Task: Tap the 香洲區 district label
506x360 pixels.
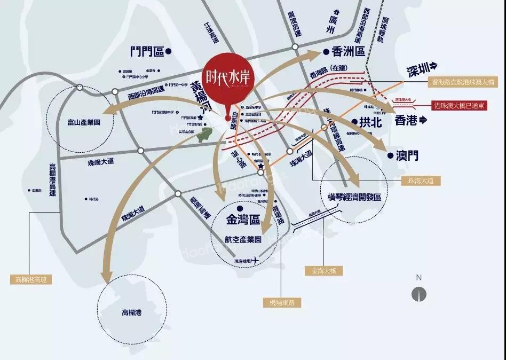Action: coord(347,52)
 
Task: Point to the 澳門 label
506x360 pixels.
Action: coord(407,155)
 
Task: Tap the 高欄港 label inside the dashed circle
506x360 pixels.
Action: coord(133,312)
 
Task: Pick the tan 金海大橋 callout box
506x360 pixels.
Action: coord(325,271)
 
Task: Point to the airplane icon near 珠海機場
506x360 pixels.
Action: coord(255,260)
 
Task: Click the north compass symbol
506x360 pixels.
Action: coord(419,293)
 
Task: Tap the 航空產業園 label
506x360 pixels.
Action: coord(242,240)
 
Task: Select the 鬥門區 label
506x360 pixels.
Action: coord(147,51)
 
